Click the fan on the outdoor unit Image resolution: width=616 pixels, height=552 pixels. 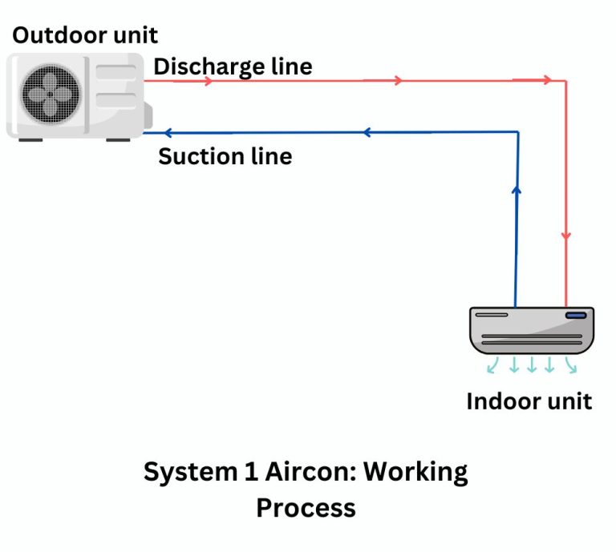[x=50, y=92]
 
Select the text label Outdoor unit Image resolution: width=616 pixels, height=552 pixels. [x=84, y=35]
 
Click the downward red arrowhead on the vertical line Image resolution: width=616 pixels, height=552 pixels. [x=566, y=236]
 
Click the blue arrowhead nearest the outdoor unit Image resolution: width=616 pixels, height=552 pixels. [x=167, y=132]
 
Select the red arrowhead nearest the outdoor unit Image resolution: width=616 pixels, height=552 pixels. [x=209, y=81]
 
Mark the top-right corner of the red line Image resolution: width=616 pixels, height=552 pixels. [x=566, y=81]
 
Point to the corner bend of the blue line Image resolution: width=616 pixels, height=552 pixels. [x=516, y=132]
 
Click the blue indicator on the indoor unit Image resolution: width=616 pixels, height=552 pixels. [x=576, y=316]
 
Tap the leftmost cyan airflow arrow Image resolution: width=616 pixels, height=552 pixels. [x=492, y=366]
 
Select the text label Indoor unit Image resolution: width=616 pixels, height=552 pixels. [x=529, y=401]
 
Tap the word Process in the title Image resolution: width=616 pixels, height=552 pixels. [x=306, y=507]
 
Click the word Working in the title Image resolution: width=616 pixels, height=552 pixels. [x=415, y=471]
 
